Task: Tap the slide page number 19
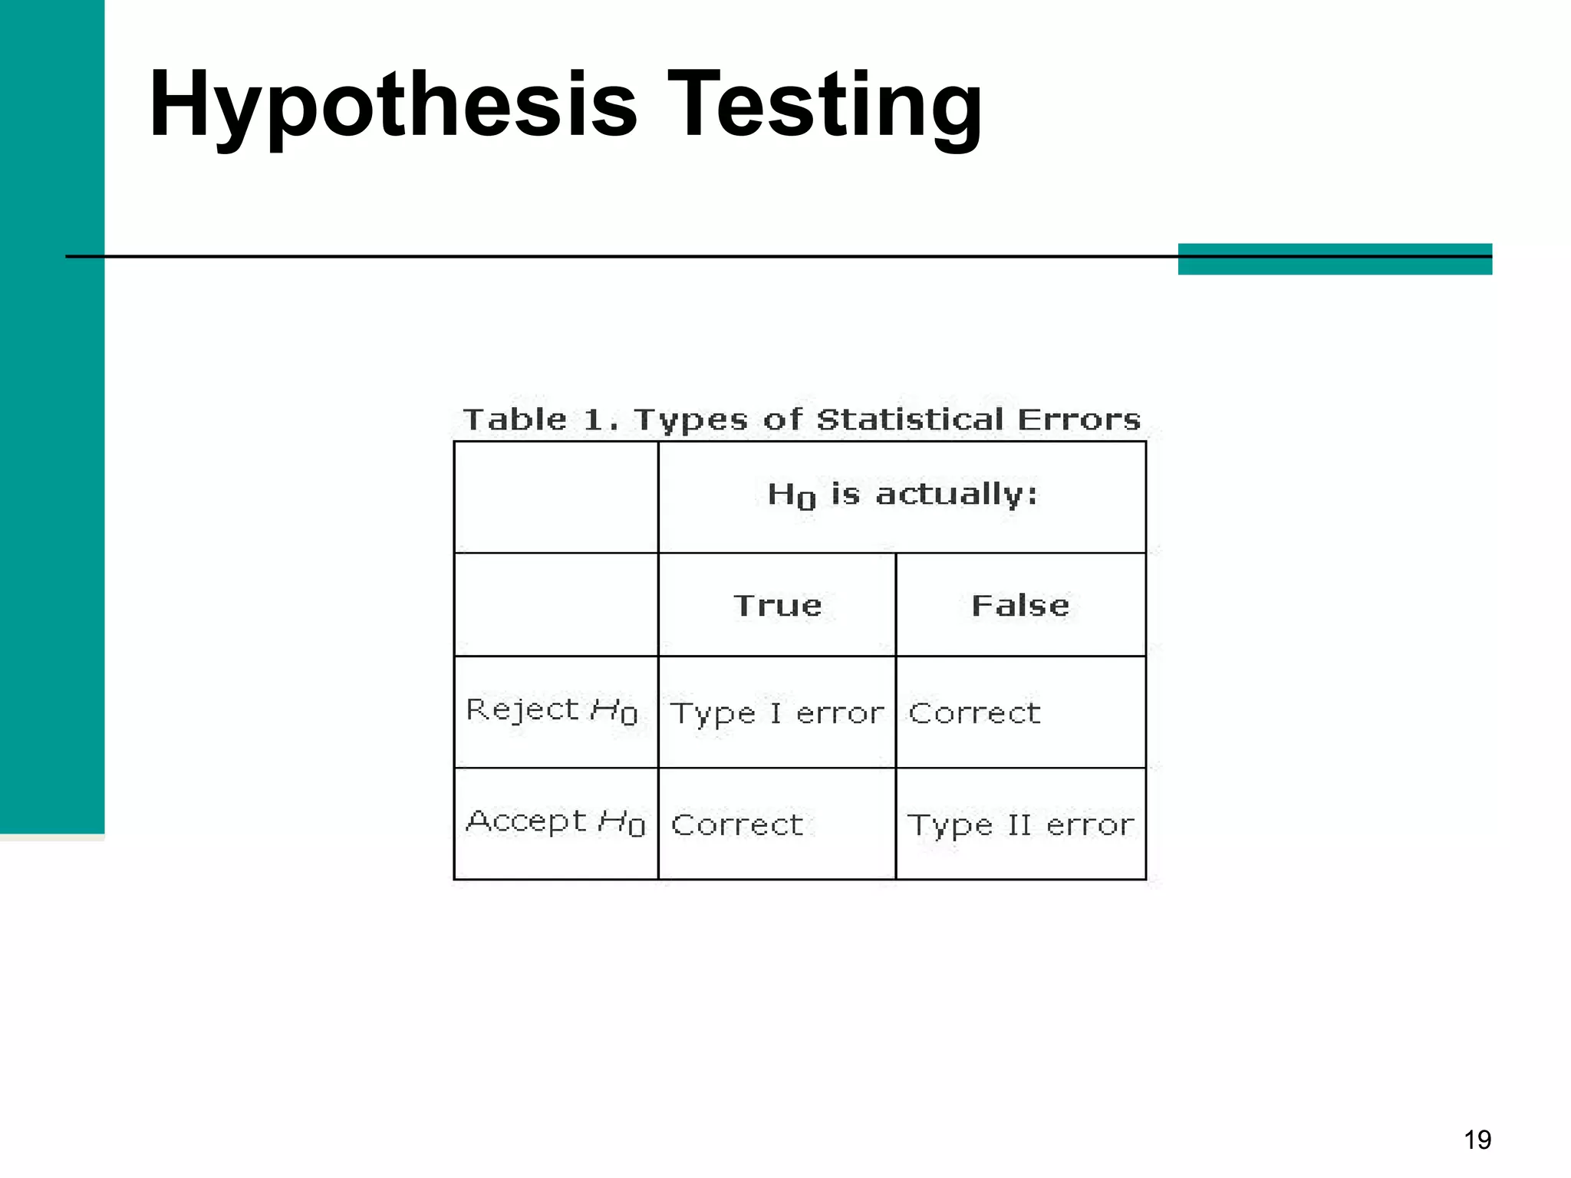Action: [1477, 1140]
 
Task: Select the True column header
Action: [778, 606]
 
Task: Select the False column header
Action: [1020, 606]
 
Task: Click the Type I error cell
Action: [777, 713]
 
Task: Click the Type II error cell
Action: [1020, 825]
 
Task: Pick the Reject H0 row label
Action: [552, 710]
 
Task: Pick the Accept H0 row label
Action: [555, 822]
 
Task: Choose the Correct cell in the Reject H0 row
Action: [974, 713]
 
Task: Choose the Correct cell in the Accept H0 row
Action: [737, 825]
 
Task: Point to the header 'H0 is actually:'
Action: [902, 495]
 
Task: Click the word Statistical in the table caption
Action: [910, 420]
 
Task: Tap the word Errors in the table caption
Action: [1079, 420]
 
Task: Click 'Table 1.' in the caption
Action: [540, 420]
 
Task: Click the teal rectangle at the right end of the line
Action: [1335, 259]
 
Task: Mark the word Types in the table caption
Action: [690, 421]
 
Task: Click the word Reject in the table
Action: [522, 709]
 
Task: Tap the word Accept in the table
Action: [526, 821]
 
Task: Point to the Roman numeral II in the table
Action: [1019, 825]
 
